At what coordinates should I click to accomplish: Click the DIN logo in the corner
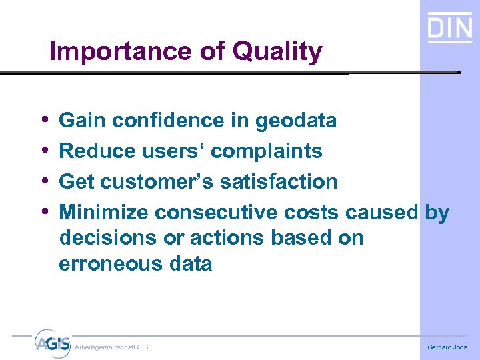449,28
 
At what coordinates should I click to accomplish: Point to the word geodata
296,121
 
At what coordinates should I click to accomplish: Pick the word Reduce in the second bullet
97,151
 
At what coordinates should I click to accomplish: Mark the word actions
229,237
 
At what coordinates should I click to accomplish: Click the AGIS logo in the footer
52,343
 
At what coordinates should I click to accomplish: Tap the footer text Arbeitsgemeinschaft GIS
111,347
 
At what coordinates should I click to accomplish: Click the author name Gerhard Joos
447,347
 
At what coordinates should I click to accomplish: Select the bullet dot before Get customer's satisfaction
43,181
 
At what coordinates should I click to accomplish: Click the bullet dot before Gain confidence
43,120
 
